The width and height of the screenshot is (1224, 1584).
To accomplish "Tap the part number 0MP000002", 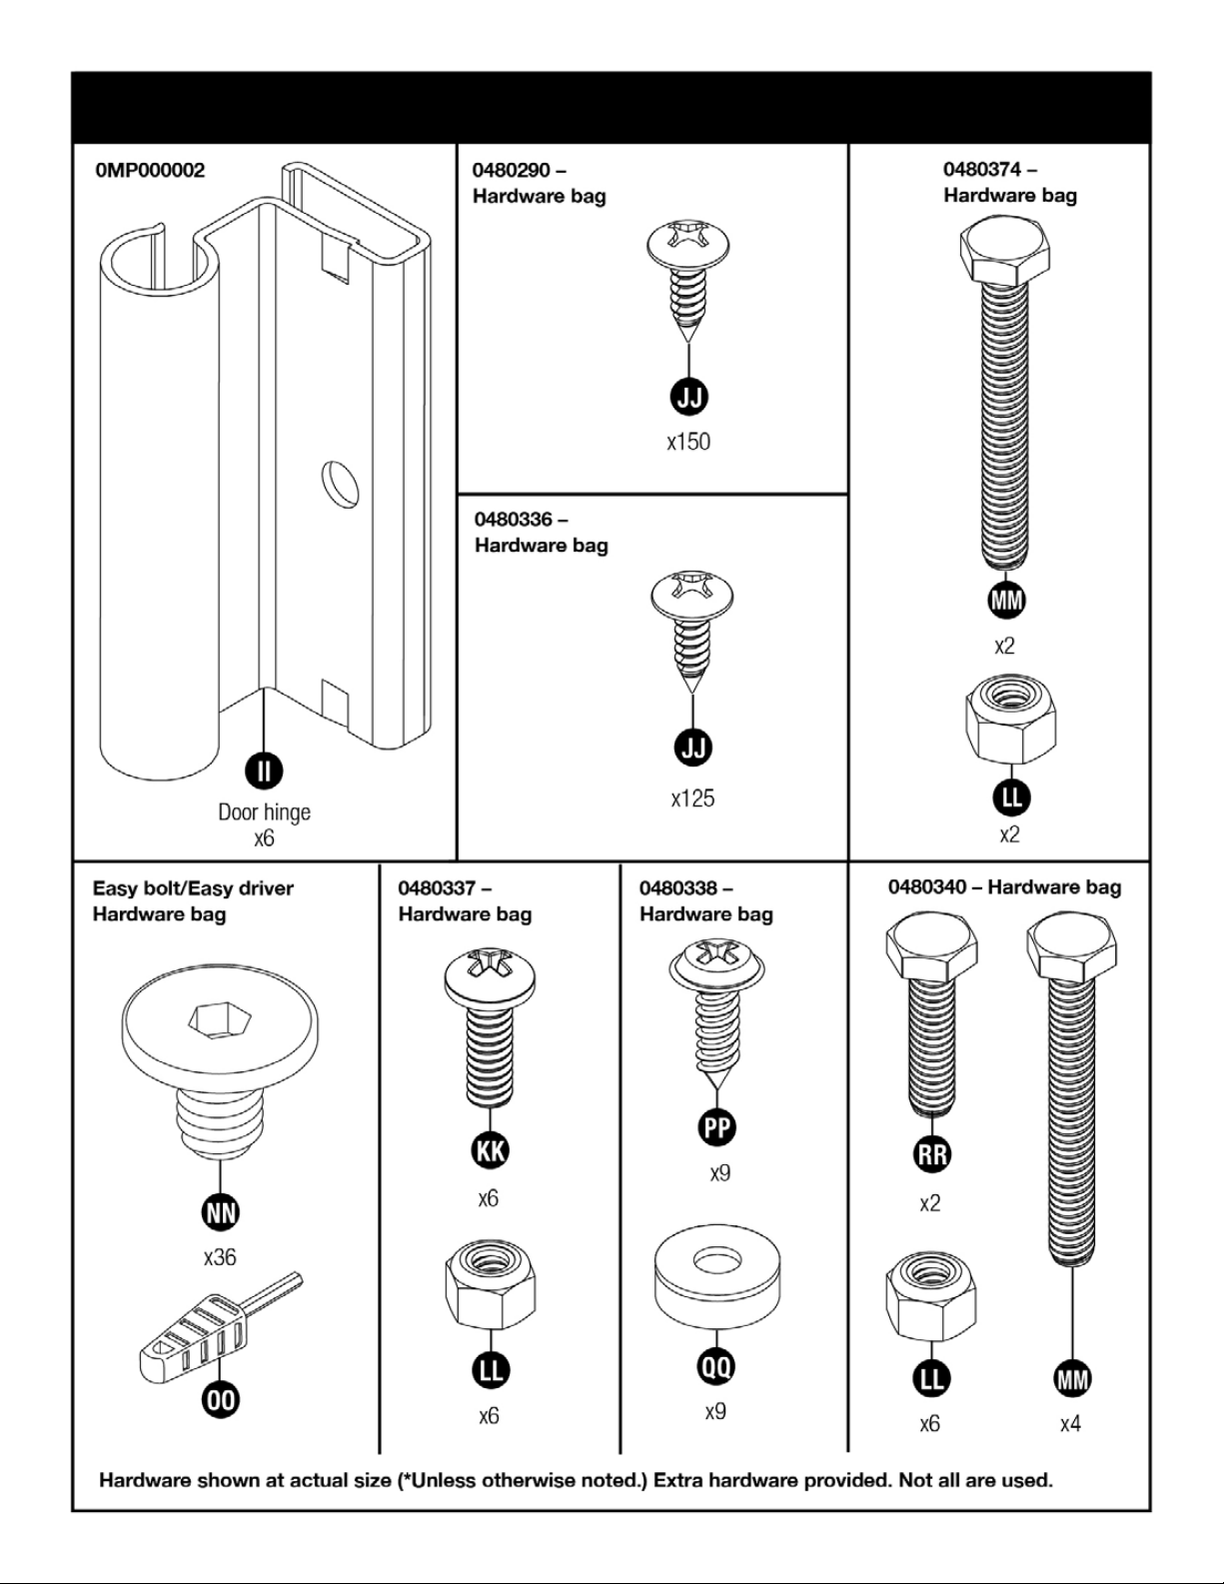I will click(150, 170).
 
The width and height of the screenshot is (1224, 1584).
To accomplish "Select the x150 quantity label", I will click(688, 442).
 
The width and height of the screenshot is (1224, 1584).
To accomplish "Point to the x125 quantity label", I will click(692, 798).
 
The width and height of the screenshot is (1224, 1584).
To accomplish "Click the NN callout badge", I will click(220, 1212).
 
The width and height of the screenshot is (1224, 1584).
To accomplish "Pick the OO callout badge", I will click(221, 1399).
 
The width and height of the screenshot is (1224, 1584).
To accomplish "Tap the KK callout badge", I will click(489, 1150).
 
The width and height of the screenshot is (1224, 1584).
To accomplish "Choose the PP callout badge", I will click(716, 1127).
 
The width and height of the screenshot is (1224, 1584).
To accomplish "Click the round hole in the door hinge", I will click(341, 483).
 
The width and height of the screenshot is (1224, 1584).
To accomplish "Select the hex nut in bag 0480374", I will click(1010, 716).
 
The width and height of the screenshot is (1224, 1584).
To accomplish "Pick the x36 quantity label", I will click(220, 1257).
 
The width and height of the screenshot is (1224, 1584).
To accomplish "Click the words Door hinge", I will click(264, 812).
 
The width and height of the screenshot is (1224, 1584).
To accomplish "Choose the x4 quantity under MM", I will click(1070, 1423).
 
